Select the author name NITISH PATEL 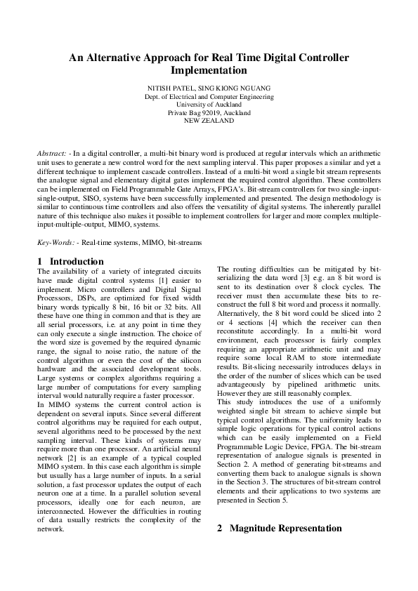169,88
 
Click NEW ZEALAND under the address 209,121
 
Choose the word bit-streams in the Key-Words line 185,242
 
